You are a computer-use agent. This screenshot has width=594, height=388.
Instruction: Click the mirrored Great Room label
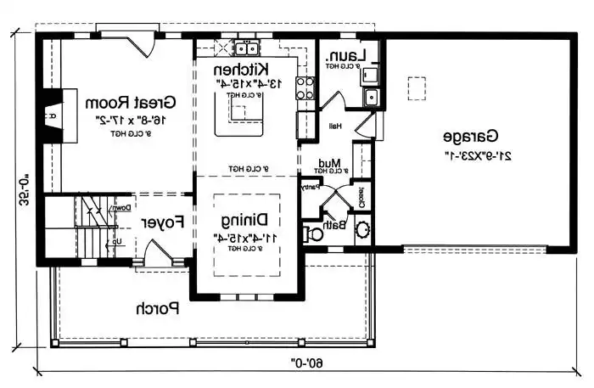tap(130, 103)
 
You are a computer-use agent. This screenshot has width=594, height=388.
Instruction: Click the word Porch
tap(160, 308)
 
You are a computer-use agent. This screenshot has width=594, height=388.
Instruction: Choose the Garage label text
tap(468, 136)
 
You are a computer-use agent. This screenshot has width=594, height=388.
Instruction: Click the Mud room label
tap(328, 162)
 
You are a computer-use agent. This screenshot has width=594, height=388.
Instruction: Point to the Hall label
tap(334, 126)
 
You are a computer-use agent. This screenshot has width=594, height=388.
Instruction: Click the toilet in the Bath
tap(316, 232)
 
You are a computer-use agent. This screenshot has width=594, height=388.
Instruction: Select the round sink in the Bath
tap(361, 228)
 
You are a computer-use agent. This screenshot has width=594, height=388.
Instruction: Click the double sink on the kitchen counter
tap(247, 47)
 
